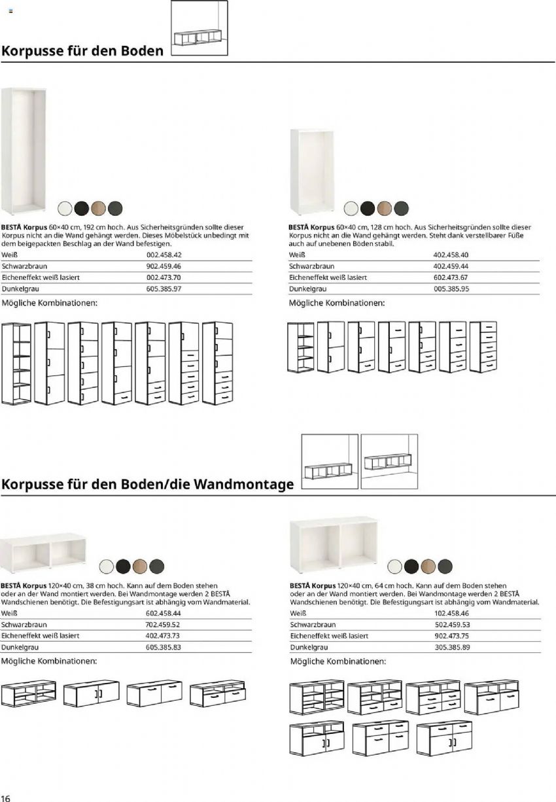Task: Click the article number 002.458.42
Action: tap(164, 255)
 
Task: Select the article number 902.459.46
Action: tap(164, 266)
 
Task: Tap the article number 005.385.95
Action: tap(451, 288)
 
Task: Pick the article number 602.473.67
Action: tap(451, 277)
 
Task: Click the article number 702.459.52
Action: tap(163, 625)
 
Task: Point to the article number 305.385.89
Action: tap(452, 647)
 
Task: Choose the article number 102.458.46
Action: tap(452, 614)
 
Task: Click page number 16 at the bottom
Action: tap(6, 798)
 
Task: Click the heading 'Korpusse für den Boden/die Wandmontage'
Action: tap(148, 485)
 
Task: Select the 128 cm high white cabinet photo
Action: tap(312, 171)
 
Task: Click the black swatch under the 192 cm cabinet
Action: tap(81, 208)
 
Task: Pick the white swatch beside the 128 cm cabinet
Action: tap(351, 208)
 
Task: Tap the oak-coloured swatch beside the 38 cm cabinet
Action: tap(141, 566)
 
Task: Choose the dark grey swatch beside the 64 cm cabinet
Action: tap(445, 566)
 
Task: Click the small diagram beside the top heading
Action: tap(199, 30)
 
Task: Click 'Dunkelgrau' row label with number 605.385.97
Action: tap(18, 288)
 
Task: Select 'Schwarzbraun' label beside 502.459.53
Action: tap(311, 625)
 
